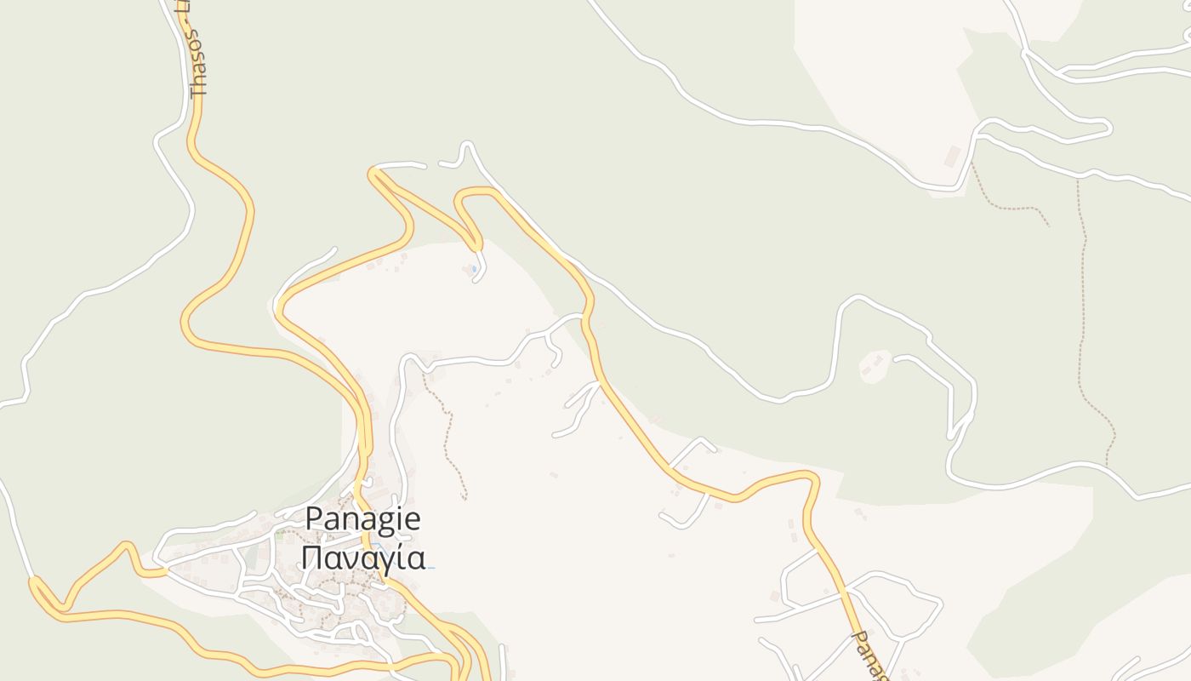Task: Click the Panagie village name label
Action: point(363,518)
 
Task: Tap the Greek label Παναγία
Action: point(363,558)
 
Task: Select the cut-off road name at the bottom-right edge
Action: point(870,655)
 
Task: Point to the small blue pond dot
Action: point(474,269)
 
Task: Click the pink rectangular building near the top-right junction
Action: point(953,156)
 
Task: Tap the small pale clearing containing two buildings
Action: point(874,367)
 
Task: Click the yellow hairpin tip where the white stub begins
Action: point(372,174)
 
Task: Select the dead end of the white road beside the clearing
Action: point(896,359)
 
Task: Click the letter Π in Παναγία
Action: point(311,558)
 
